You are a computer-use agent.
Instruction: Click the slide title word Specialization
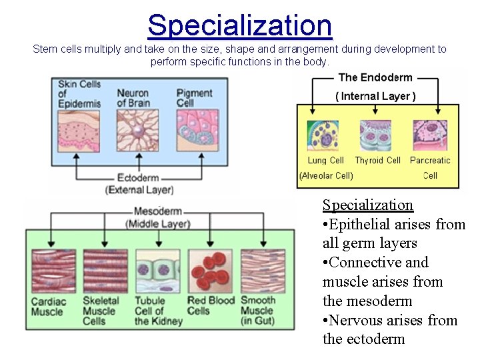(x=239, y=25)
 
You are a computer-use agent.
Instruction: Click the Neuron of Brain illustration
(x=137, y=129)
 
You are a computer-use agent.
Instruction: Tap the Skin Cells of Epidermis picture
(x=79, y=129)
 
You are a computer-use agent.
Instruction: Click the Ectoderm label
(x=138, y=178)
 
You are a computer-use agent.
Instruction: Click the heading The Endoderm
(x=375, y=77)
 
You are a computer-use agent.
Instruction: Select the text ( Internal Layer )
(x=375, y=96)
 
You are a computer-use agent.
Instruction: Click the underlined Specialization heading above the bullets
(x=368, y=205)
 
